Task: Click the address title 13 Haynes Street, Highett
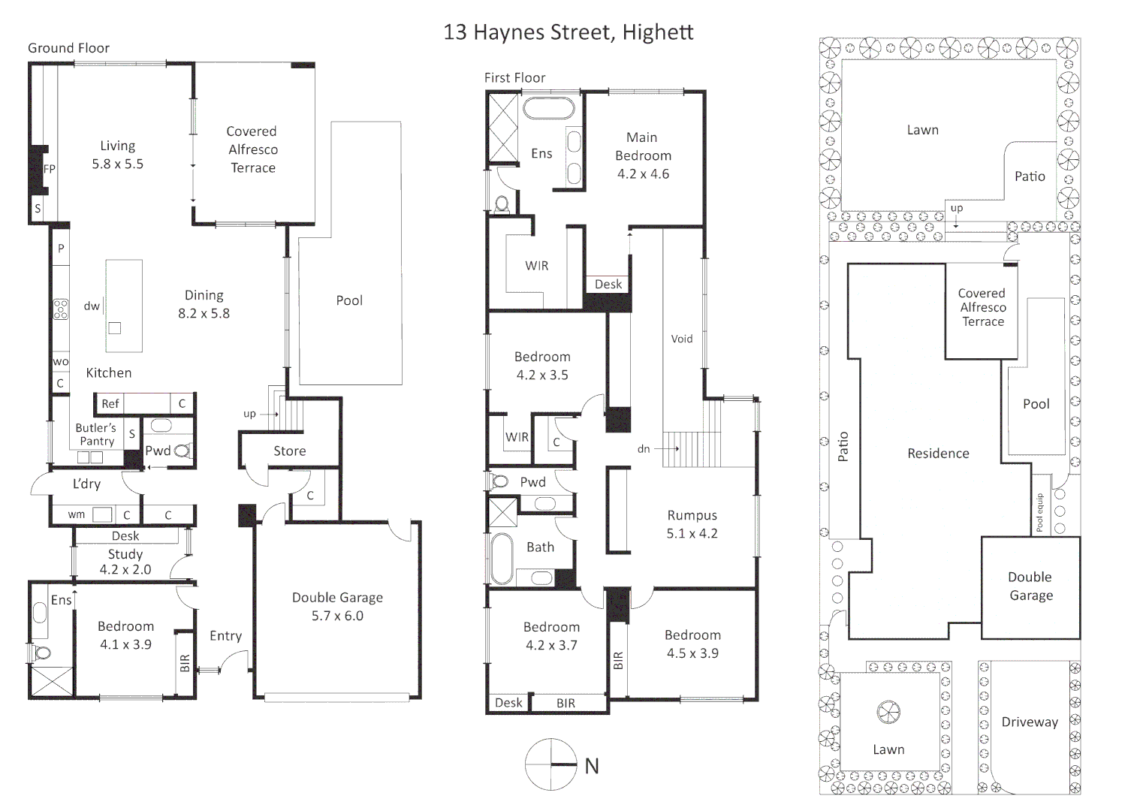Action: pos(569,32)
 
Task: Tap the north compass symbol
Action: pos(551,764)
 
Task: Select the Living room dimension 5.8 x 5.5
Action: pos(118,164)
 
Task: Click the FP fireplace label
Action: pos(49,169)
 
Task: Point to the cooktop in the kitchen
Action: pos(61,309)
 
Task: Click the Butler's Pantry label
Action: pos(96,434)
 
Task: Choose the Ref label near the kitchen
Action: pos(110,404)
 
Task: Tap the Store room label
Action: pos(290,451)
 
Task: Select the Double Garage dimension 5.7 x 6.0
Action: pos(338,616)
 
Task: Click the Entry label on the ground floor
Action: pos(226,636)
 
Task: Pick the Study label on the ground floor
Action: pos(125,554)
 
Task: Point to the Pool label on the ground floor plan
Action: pos(349,300)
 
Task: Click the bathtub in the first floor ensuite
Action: pos(549,108)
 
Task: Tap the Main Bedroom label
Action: pos(643,146)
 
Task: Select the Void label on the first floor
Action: pos(682,339)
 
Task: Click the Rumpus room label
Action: pos(692,515)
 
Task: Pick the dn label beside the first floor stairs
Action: pos(644,449)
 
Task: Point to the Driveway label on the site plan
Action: pos(1030,722)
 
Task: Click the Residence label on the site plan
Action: pos(938,454)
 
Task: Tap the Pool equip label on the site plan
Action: pos(1040,512)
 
